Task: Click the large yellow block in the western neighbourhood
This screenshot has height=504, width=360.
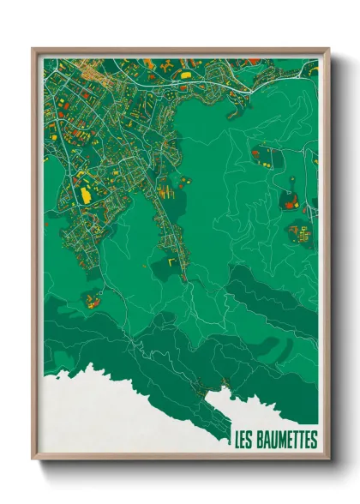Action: [86, 195]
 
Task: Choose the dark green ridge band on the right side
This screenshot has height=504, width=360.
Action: [274, 296]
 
